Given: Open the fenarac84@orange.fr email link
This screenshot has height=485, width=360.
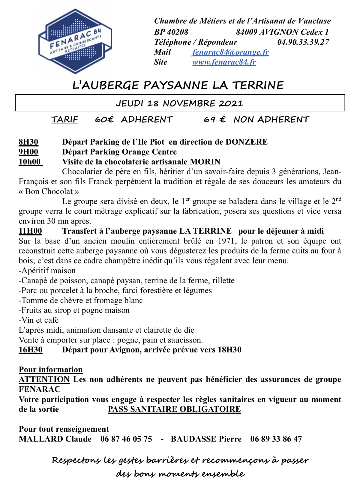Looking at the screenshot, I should (230, 52).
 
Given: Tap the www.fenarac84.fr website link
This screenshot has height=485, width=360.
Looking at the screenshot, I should (224, 62).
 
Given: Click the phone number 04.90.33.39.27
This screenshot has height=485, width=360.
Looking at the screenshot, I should (303, 42).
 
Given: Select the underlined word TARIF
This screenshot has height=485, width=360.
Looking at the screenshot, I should (64, 120).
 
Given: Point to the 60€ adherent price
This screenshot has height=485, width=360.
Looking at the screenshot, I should (104, 120).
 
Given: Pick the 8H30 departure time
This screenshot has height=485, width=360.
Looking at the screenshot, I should (28, 142).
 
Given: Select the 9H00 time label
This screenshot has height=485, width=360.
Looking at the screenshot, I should (28, 152).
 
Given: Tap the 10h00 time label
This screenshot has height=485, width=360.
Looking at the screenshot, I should (30, 162).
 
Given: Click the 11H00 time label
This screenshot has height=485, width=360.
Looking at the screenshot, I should (30, 231).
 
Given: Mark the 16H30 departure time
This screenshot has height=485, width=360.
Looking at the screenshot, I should (31, 350).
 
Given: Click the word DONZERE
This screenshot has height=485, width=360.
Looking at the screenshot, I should (246, 142).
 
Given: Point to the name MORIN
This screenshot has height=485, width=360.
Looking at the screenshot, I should (205, 162).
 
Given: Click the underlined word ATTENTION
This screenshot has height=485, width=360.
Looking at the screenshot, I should (44, 379).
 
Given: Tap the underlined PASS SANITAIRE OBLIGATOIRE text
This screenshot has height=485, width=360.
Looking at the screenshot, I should (174, 409).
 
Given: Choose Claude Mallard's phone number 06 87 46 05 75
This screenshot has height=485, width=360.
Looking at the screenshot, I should (126, 439).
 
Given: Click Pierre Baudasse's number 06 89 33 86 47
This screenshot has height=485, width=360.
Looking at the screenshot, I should (276, 439).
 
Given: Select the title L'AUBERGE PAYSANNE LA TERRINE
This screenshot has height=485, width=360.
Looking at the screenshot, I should (178, 85).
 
